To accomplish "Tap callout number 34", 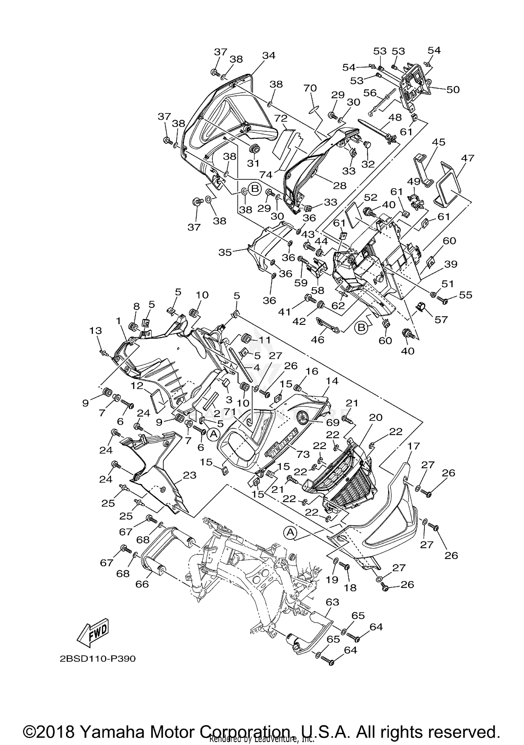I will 269,55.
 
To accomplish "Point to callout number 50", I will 453,89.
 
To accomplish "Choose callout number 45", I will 438,142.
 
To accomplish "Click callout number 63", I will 332,602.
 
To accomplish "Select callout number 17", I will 416,446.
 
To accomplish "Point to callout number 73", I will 303,454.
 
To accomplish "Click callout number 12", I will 137,386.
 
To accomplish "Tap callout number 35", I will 225,252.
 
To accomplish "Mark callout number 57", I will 441,319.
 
